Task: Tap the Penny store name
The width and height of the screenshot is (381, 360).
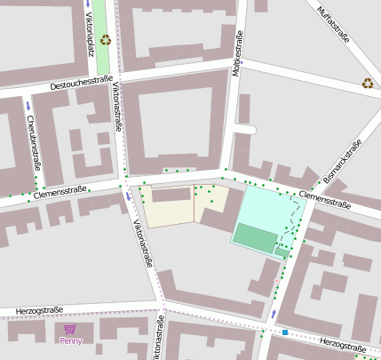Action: tap(71, 340)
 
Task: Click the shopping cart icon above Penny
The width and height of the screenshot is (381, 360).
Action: tap(70, 329)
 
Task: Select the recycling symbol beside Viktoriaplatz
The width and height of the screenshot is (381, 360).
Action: tap(106, 39)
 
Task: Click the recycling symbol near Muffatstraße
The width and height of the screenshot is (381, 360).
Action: tap(367, 84)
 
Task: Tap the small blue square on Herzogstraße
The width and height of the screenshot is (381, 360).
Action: tap(285, 332)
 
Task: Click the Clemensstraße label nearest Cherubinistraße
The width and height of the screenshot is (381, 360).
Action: tap(60, 190)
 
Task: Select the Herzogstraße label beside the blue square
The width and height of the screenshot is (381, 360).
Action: tap(342, 343)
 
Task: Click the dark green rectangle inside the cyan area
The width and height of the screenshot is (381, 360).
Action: tap(256, 237)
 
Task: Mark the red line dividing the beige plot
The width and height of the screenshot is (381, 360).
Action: tap(194, 205)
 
